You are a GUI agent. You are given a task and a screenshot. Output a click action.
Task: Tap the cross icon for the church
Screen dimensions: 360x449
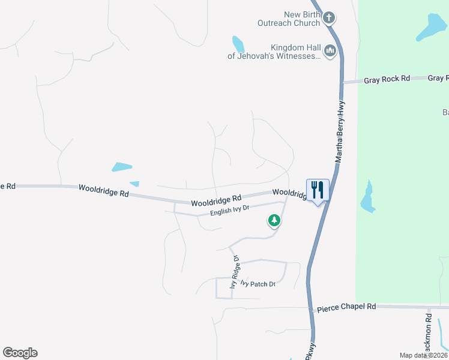[x=328, y=18]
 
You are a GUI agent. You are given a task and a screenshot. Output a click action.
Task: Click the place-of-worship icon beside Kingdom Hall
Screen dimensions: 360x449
[x=329, y=52]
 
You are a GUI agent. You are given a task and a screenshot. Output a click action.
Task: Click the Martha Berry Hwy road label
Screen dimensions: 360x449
[x=340, y=133]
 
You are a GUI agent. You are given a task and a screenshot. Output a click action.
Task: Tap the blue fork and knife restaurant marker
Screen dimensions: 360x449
[x=318, y=190]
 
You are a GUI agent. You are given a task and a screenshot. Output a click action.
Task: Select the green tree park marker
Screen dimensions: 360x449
[x=274, y=221]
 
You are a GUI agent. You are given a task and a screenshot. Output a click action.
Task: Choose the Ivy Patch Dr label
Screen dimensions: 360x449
[x=258, y=284]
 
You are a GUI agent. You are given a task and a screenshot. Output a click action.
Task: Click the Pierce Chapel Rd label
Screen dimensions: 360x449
[x=346, y=306]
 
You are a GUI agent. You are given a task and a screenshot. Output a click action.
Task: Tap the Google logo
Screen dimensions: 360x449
[x=20, y=353]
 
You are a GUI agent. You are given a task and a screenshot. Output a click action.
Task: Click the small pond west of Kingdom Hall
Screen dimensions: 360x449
[x=238, y=44]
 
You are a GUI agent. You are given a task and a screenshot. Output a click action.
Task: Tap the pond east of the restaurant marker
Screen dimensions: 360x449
[x=367, y=197]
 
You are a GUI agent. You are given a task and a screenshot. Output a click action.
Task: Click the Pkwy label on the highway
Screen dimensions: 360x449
[x=309, y=352]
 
